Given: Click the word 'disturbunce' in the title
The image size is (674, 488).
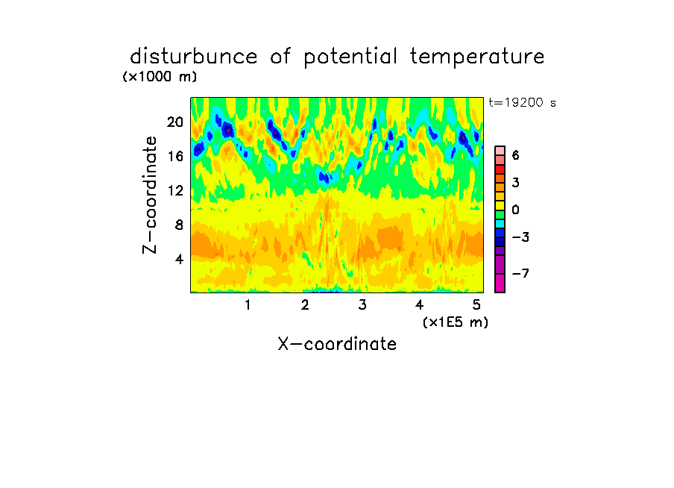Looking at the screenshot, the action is click(194, 57).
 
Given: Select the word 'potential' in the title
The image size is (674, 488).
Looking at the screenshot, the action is click(350, 57).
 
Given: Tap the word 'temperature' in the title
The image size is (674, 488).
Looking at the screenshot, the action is click(477, 57).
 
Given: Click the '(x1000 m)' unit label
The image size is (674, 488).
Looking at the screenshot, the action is click(160, 77).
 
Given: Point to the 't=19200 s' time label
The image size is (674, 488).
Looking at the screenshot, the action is click(522, 102).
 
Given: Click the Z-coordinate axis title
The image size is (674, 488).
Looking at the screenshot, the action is click(150, 195).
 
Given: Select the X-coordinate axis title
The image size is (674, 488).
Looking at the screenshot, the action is click(337, 344).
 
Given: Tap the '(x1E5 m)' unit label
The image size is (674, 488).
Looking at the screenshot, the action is click(456, 322).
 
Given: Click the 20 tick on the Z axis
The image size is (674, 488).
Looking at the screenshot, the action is click(175, 122).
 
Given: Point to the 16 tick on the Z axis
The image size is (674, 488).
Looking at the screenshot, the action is click(175, 156).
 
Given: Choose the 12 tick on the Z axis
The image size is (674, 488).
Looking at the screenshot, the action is click(175, 190).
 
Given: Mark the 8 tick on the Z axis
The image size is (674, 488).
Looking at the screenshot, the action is click(179, 225).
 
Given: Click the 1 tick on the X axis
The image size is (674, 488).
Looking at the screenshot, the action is click(248, 305).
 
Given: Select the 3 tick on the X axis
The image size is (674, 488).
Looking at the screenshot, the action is click(362, 305).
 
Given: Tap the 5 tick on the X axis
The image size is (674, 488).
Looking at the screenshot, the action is click(476, 305).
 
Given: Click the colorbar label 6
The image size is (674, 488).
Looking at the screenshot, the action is click(516, 155).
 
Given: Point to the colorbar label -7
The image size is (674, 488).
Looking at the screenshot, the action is click(520, 273).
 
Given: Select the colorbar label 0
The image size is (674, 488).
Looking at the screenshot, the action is click(516, 210).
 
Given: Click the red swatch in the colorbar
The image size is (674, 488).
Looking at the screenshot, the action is click(500, 169).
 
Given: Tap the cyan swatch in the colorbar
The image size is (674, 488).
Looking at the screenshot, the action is click(500, 224).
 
